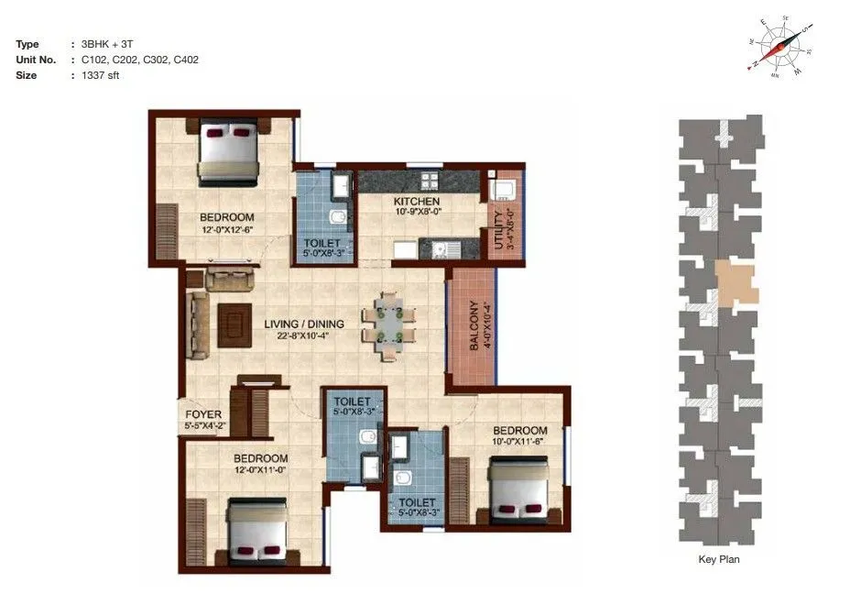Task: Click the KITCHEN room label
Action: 417,202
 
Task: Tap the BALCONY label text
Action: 474,325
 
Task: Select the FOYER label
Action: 203,414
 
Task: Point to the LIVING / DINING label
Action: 304,324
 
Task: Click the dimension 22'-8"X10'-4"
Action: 304,335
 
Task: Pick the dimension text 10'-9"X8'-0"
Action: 417,213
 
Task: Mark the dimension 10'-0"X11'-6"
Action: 520,442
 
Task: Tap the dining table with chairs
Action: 388,324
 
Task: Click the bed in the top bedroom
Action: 229,152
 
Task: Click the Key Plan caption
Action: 718,559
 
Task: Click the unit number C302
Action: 158,60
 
